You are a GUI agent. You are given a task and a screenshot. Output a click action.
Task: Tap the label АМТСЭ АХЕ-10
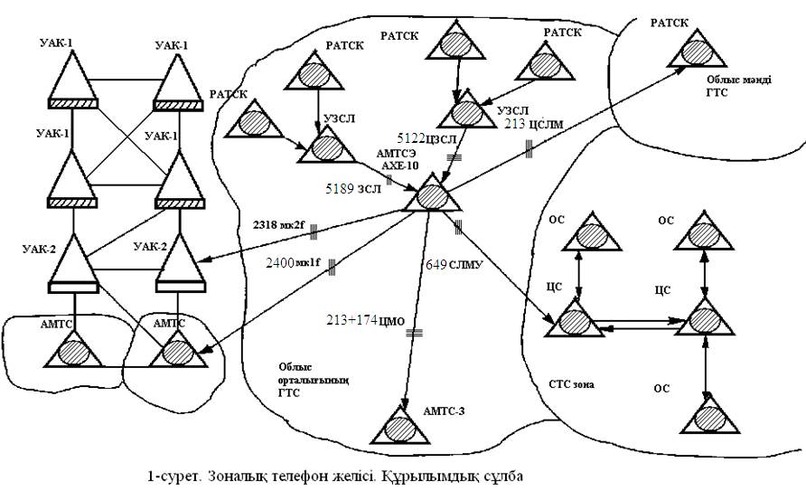398,161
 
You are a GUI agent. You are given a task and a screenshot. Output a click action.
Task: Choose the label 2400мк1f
294,263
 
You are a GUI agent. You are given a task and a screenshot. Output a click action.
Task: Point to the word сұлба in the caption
502,476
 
